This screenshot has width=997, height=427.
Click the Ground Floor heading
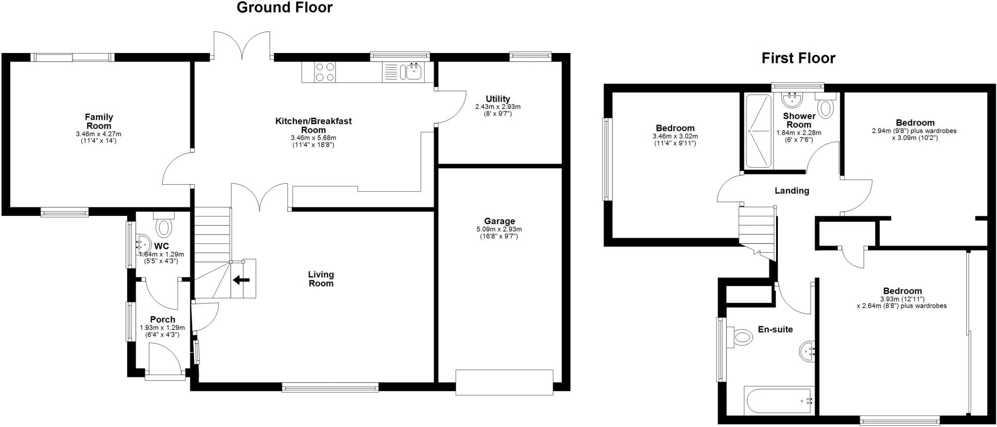(284, 8)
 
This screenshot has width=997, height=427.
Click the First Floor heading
(798, 58)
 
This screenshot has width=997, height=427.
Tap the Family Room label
(99, 121)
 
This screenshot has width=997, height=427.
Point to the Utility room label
(498, 99)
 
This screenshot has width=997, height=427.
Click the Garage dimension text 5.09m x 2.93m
(499, 229)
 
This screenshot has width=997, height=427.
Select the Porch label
(163, 320)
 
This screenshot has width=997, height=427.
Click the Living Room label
(321, 279)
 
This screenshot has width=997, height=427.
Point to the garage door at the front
(504, 382)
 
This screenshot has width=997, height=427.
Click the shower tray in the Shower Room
(759, 130)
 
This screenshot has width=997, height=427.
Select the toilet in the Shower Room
(826, 107)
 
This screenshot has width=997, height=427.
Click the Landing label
(792, 191)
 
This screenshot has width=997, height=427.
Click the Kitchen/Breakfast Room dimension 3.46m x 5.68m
(313, 138)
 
